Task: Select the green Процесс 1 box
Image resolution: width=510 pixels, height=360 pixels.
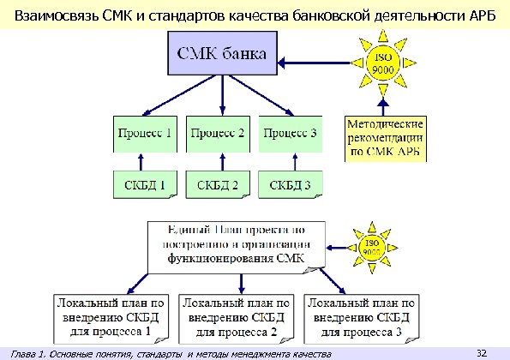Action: point(144,135)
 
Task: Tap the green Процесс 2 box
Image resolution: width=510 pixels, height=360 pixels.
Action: point(218,135)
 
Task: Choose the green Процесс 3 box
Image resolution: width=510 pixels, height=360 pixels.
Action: point(290,135)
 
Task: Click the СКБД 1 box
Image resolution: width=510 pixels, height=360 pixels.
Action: point(145,184)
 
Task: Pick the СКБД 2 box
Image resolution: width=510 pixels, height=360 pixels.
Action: point(218,184)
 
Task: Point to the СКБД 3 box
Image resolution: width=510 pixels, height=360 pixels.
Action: point(290,184)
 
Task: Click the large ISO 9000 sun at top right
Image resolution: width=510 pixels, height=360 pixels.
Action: point(383,63)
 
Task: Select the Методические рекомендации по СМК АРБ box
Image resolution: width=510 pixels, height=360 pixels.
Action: point(385,139)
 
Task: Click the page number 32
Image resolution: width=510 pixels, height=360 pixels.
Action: point(481,352)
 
